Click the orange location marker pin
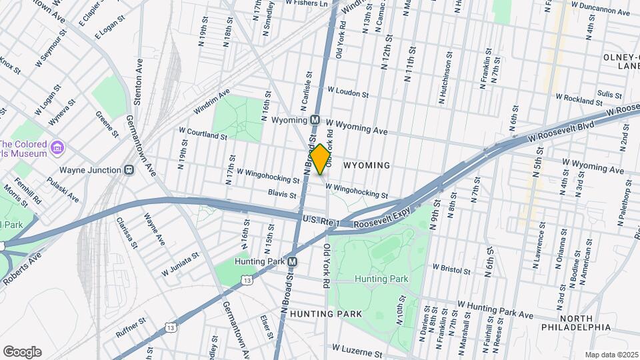point(320,159)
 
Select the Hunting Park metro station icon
point(293,262)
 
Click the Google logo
point(22,352)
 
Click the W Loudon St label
point(347,92)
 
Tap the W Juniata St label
point(180,264)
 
